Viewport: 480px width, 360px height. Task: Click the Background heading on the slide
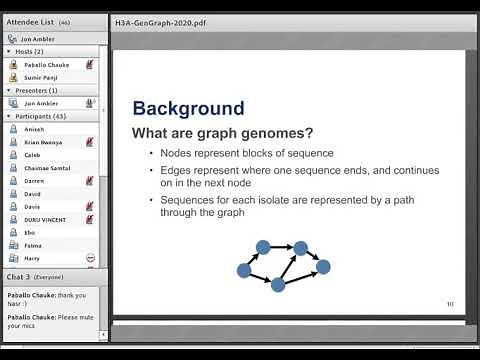[x=188, y=109]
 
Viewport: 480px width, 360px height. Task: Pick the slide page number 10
[x=449, y=303]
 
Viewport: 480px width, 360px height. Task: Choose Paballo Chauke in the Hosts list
[x=46, y=63]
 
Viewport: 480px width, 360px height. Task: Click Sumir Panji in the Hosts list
[x=42, y=76]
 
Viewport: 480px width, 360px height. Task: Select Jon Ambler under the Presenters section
[x=42, y=102]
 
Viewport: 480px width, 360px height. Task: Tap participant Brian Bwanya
[x=45, y=142]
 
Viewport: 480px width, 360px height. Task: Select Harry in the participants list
[x=33, y=257]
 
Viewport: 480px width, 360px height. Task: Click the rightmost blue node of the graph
[x=322, y=266]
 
